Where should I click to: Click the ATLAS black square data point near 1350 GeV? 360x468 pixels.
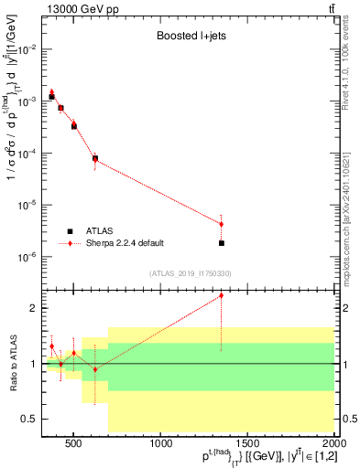point(222,243)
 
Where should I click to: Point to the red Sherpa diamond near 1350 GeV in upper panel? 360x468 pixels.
point(222,224)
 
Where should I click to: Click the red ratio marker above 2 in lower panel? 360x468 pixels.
point(222,295)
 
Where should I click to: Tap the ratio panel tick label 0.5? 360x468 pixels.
point(30,419)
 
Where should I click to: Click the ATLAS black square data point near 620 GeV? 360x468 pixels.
point(95,158)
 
